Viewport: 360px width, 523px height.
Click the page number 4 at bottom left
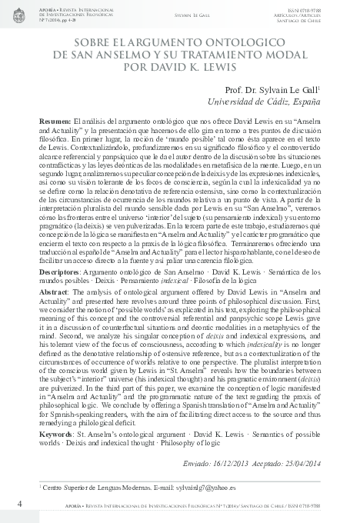(x=18, y=503)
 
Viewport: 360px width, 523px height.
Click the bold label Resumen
(x=55, y=122)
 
